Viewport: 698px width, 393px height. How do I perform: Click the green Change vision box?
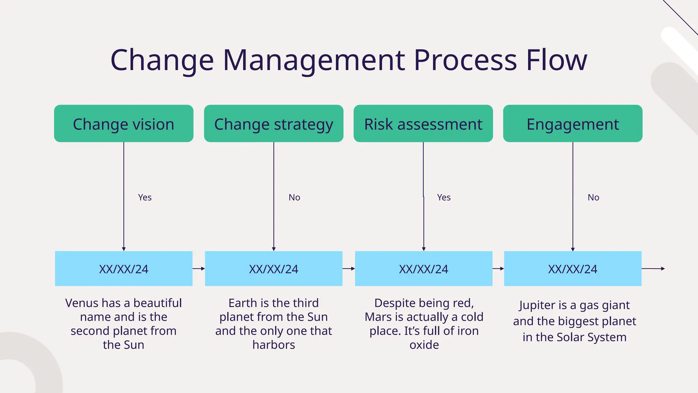coord(123,123)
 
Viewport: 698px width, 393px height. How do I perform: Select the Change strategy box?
coord(273,123)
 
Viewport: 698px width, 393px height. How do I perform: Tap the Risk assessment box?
coord(423,123)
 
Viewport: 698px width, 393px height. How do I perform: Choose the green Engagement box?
coord(573,123)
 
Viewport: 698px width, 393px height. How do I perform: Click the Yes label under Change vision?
coord(145,198)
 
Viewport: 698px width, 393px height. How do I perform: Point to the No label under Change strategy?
coord(294,198)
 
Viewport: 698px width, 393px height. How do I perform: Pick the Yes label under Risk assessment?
coord(444,198)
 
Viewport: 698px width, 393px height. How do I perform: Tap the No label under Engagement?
coord(593,198)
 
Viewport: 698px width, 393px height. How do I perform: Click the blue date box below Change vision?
coord(123,269)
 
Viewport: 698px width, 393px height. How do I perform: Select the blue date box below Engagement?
coord(573,269)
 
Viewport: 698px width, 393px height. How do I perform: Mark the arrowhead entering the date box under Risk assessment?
coord(424,249)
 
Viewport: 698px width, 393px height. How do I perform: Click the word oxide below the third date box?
coord(424,345)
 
